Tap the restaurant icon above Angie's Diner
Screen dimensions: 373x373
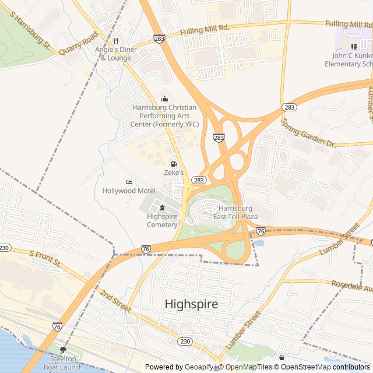(115, 41)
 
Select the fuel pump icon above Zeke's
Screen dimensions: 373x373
(173, 164)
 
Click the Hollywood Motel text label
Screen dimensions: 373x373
(128, 191)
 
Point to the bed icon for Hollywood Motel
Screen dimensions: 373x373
(129, 182)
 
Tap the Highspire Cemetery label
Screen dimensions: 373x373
(162, 220)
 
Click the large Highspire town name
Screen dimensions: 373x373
(191, 304)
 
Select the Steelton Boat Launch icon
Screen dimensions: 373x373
(63, 350)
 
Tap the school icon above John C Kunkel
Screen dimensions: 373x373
(354, 47)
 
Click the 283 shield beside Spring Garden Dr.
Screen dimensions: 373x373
(288, 107)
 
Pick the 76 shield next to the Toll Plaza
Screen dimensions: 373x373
(261, 231)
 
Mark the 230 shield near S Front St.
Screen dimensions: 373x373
(5, 248)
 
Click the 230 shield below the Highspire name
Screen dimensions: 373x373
(185, 342)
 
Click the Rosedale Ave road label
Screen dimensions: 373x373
(351, 286)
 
